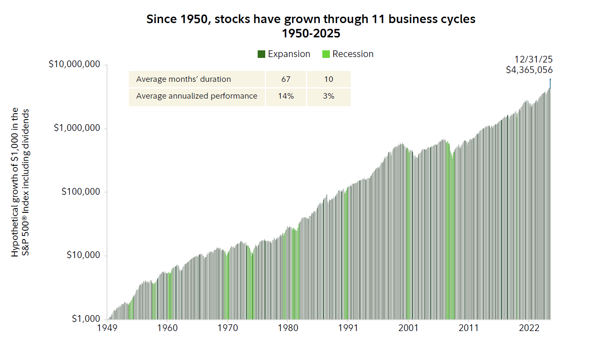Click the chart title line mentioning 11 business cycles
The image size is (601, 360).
(311, 19)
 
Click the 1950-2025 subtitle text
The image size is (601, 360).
(311, 34)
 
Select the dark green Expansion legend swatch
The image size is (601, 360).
(261, 54)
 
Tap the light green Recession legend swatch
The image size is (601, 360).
(326, 54)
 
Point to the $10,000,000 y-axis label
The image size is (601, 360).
(74, 64)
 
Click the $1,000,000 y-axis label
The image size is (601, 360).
(77, 128)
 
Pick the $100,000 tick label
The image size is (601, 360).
(81, 192)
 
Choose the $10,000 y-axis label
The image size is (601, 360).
(83, 255)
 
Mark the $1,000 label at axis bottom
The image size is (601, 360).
(86, 319)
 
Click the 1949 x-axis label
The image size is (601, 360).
(107, 328)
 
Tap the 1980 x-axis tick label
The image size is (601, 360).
(288, 328)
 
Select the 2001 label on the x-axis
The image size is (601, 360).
(408, 328)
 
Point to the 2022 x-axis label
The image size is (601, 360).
(529, 328)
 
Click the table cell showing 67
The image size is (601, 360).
(286, 79)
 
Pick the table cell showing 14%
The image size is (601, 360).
(286, 96)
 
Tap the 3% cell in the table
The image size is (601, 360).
(329, 96)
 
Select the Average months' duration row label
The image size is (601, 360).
(183, 79)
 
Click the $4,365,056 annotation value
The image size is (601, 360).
(529, 70)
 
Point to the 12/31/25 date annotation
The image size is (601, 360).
(533, 60)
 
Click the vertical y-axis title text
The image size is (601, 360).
(20, 183)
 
